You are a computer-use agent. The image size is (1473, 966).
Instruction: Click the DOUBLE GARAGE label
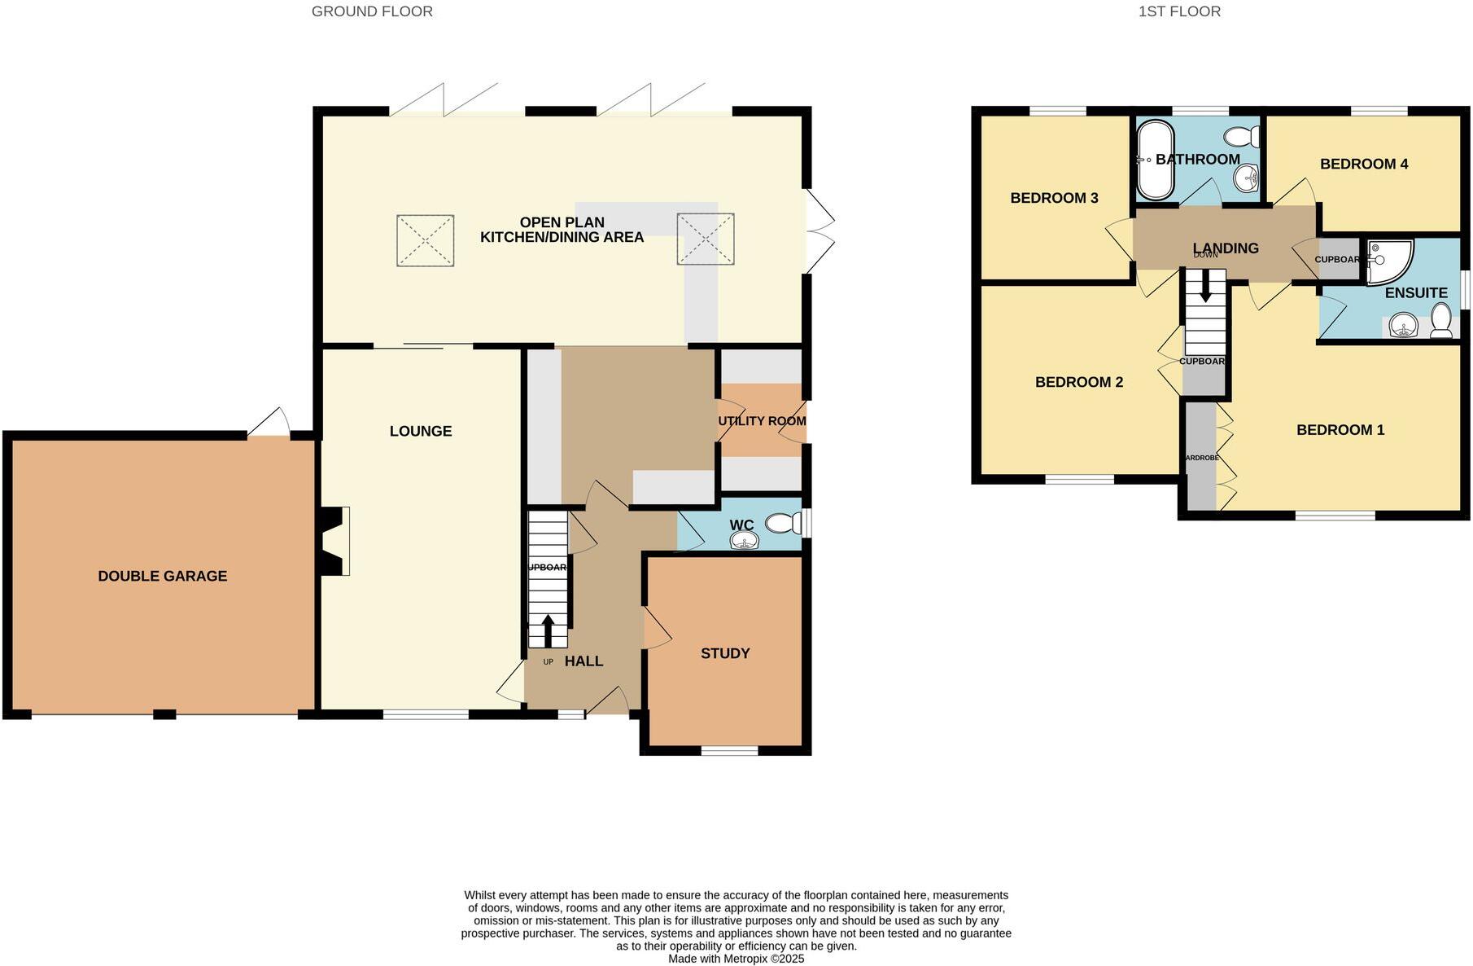pos(162,576)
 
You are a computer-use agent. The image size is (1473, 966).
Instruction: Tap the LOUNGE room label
pos(420,431)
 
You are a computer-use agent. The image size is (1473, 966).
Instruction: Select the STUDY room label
pos(725,653)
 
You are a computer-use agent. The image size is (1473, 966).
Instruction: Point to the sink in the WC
pos(744,541)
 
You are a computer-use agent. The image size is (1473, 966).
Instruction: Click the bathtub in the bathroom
pos(1154,160)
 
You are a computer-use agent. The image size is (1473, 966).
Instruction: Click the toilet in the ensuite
pos(1440,321)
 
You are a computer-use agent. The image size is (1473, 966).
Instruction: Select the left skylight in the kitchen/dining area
pos(425,240)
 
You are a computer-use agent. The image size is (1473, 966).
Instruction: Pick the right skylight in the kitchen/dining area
pos(706,239)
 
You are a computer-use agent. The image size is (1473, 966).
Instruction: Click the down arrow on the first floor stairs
pos(1205,288)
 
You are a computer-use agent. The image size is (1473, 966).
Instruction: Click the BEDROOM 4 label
pos(1364,164)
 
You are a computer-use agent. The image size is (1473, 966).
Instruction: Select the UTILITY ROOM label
pos(762,421)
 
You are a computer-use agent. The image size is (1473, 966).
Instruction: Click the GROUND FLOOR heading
pos(372,11)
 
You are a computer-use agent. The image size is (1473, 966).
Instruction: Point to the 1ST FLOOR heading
pos(1179,11)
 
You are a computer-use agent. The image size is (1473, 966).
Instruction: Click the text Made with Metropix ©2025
pos(736,959)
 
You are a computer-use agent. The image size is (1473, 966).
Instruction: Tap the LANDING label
pos(1226,248)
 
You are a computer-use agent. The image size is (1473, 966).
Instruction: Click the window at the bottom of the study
pos(729,751)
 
